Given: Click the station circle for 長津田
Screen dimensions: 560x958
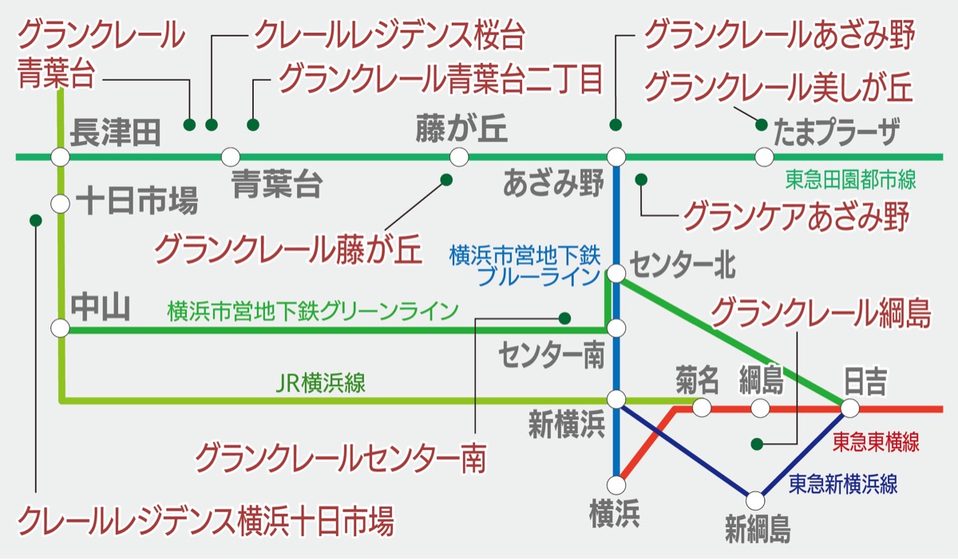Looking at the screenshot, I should [x=60, y=156].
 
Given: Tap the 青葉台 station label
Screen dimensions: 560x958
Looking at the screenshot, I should [x=277, y=185].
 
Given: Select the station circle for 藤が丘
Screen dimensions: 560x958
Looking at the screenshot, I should [x=458, y=156].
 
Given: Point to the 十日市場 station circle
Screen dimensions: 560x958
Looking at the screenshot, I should [x=60, y=203].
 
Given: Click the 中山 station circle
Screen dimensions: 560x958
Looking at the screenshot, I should [x=60, y=328].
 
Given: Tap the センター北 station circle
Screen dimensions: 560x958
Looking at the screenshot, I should [x=616, y=274].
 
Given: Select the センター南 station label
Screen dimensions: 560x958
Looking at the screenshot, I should [x=552, y=356].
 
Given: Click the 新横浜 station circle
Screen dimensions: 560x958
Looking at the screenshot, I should [x=616, y=398].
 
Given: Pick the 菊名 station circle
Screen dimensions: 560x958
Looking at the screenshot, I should [x=702, y=408].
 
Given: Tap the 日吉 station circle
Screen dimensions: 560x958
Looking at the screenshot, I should [x=849, y=408].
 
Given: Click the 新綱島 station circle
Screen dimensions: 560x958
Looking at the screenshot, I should [x=755, y=500].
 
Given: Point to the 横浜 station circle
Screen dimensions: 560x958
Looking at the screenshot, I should [x=616, y=484].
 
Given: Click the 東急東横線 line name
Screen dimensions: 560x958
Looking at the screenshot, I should [x=876, y=442].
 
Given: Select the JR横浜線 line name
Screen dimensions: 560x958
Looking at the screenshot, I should [x=320, y=384].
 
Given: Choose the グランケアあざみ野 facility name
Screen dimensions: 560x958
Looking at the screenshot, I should [x=796, y=215].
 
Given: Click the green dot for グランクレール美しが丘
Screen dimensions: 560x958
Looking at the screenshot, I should [x=761, y=124].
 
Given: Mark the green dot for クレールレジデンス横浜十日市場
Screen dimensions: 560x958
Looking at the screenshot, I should [x=34, y=219].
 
